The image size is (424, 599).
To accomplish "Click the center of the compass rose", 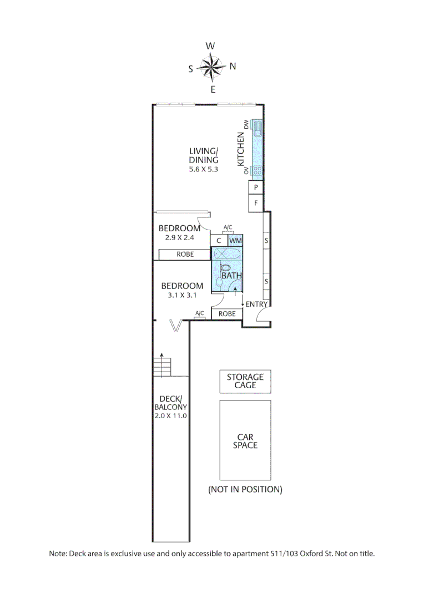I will tap(211, 67).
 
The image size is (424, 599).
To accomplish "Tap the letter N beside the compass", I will tap(233, 66).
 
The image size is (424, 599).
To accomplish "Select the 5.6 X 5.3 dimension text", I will tap(204, 170).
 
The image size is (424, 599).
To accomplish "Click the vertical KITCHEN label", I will tap(241, 149).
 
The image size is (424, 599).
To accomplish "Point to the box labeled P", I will tap(255, 188).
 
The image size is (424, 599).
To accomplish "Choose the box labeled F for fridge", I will tap(255, 203).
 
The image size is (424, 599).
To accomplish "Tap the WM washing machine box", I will tap(235, 241).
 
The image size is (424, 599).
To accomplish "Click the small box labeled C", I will tap(219, 241).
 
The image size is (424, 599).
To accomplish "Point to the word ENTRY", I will tap(256, 304).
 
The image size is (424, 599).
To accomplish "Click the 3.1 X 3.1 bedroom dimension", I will tap(181, 296).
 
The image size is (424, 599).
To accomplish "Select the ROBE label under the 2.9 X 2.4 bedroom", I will tap(185, 255).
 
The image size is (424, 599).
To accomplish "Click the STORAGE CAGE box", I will tap(245, 381).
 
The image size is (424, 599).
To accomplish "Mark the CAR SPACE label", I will tap(245, 441).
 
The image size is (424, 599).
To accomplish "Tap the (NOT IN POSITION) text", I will tap(245, 490).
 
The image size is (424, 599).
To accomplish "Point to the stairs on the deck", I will tap(162, 367).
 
